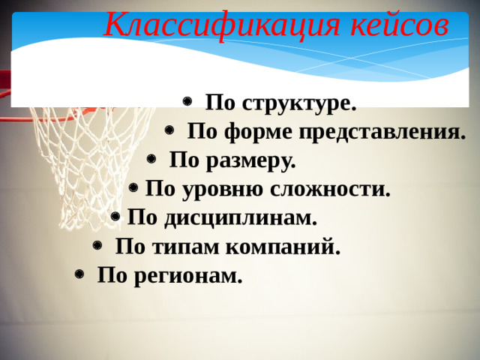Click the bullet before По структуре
187,100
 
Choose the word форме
256,133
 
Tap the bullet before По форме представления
169,130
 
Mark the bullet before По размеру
151,158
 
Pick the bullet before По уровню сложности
133,187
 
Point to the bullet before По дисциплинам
115,216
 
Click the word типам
184,246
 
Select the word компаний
283,246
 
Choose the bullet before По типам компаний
97,244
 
